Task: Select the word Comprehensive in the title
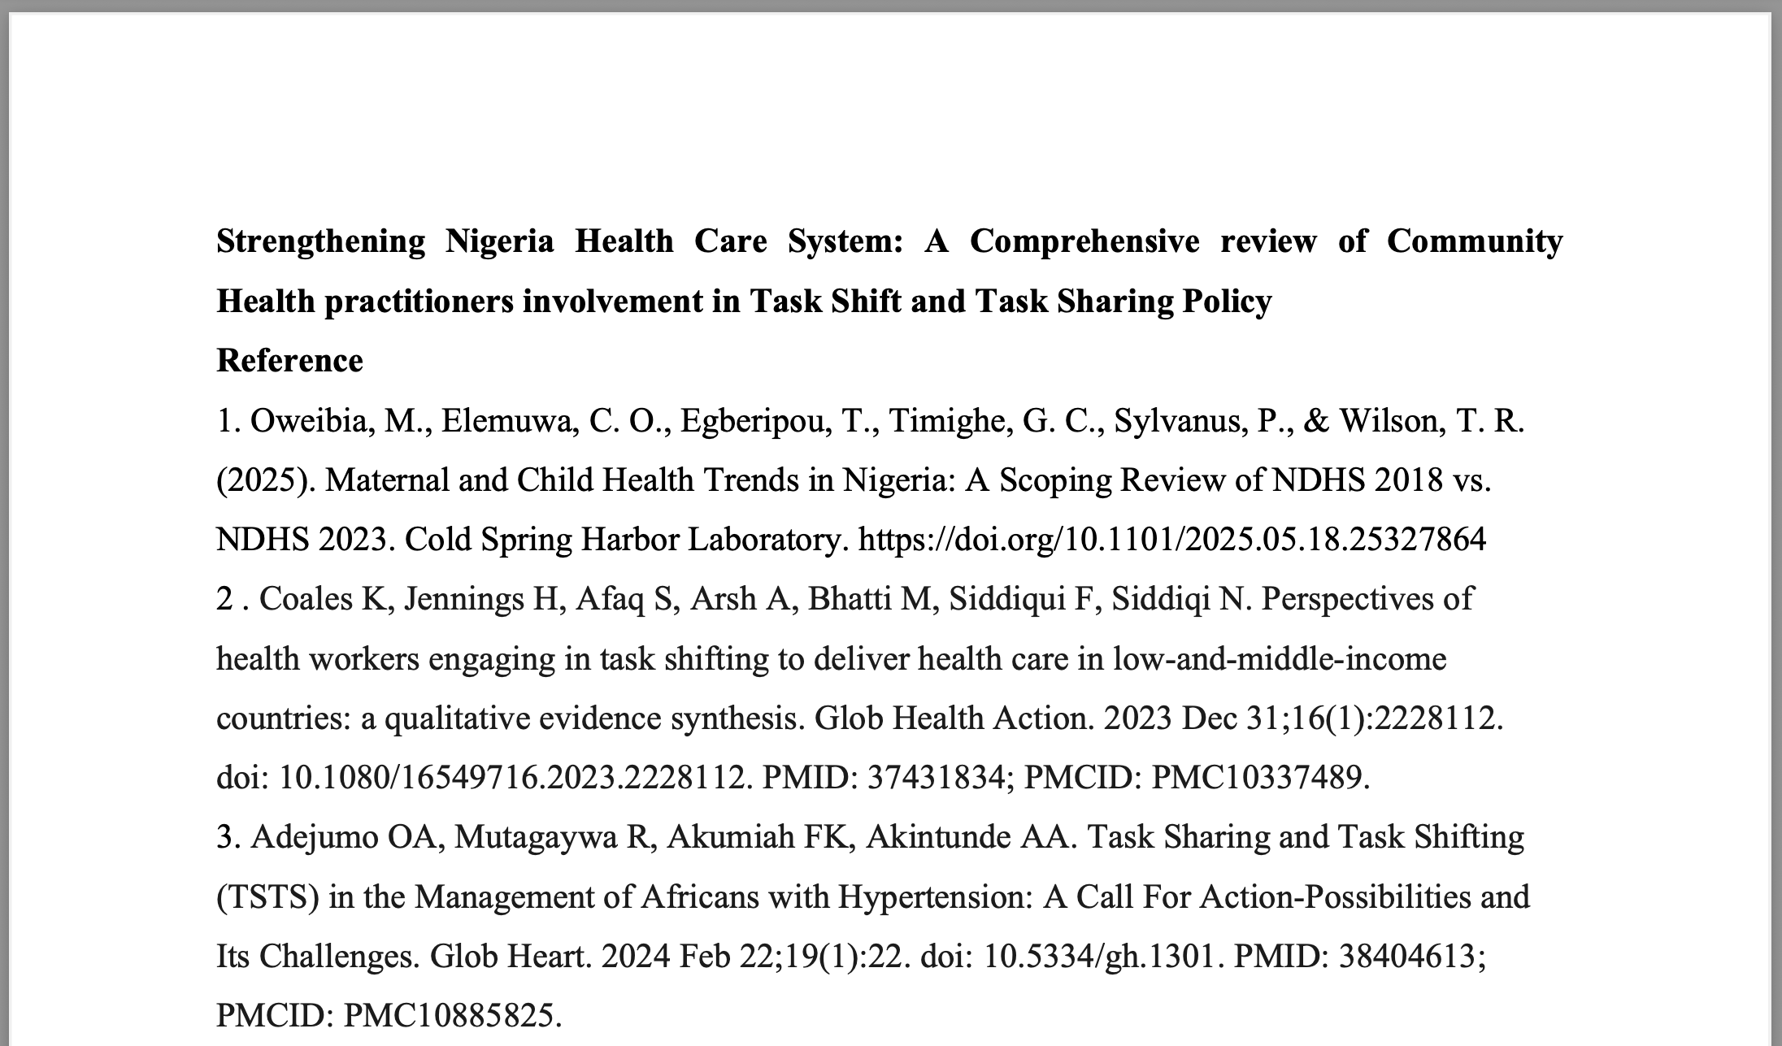coord(1084,241)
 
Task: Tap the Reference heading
coord(289,361)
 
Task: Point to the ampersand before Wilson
coord(1316,421)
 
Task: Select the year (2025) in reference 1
coord(266,480)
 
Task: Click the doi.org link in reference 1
coord(1171,540)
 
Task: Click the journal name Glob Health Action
coord(954,718)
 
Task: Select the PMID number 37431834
coord(936,778)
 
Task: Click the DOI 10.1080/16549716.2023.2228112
coord(512,778)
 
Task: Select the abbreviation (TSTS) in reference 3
coord(267,897)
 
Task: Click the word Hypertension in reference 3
coord(935,897)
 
